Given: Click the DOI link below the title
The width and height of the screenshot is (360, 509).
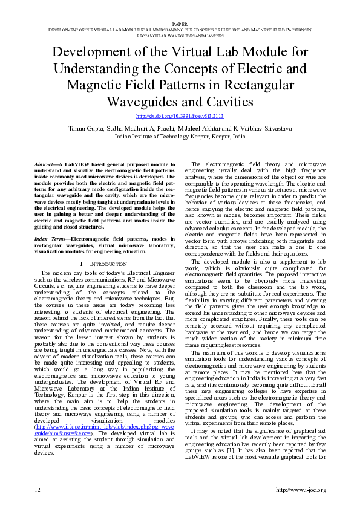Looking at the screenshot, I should pyautogui.click(x=180, y=115).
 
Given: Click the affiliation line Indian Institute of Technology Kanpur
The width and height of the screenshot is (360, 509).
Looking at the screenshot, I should pyautogui.click(x=180, y=137).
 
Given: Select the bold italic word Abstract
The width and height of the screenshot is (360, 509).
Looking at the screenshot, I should pyautogui.click(x=45, y=164).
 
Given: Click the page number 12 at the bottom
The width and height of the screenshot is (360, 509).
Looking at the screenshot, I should pyautogui.click(x=38, y=489).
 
